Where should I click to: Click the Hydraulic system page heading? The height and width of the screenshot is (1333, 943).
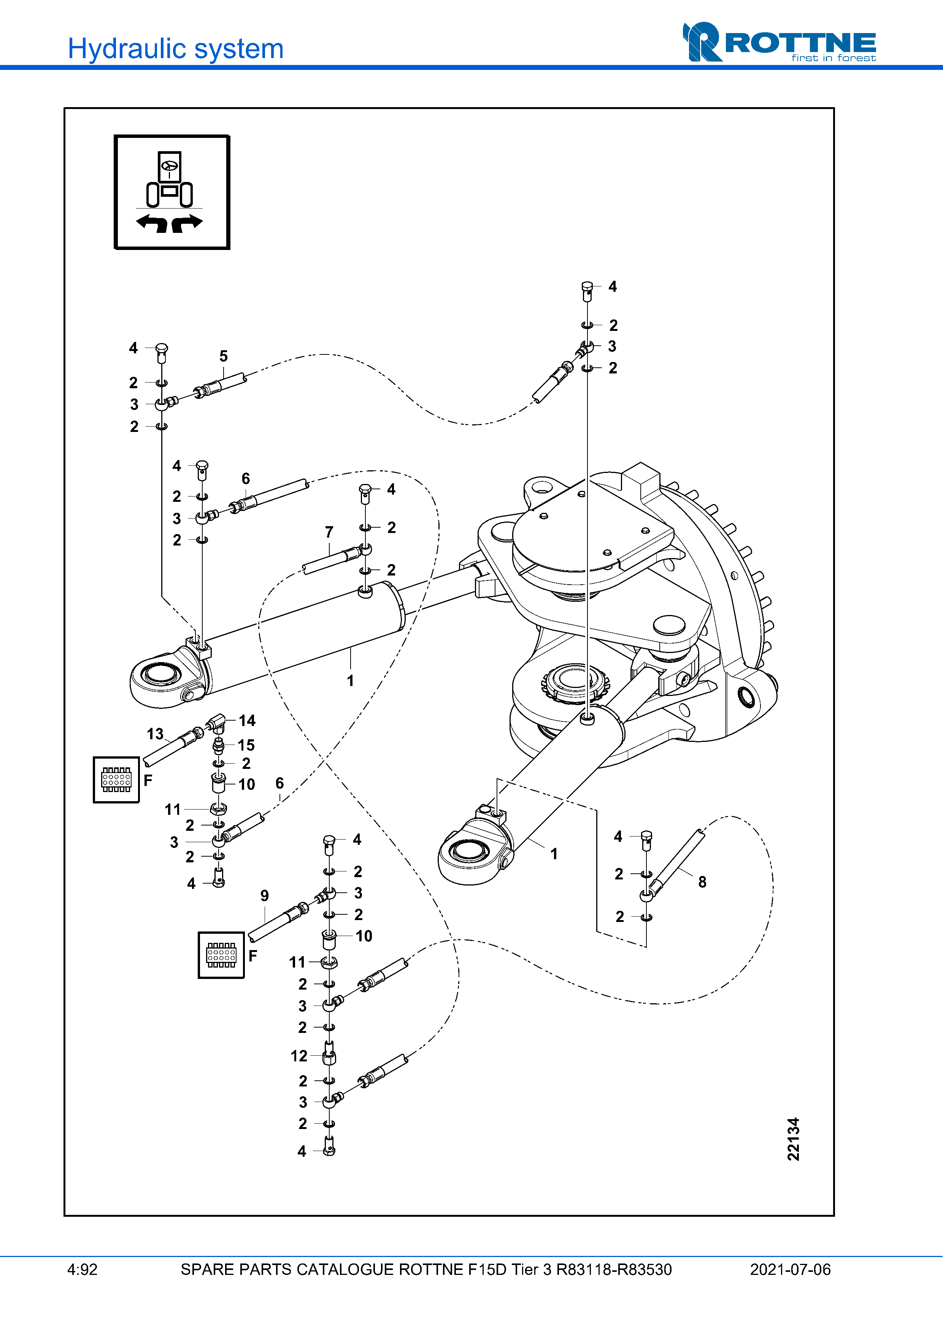point(175,49)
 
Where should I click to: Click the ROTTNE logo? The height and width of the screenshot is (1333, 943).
point(779,42)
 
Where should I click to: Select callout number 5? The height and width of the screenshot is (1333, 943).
point(224,356)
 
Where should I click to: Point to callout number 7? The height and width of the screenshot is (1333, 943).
point(329,532)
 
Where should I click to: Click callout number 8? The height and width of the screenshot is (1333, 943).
point(702,882)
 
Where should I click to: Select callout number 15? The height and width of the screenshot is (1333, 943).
point(246,745)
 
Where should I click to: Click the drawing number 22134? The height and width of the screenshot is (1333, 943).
point(793,1139)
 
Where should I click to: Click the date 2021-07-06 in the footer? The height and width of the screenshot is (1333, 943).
point(790,1270)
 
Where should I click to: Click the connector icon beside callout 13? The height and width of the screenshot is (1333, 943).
point(116,780)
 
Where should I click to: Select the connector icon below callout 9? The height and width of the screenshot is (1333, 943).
point(221,955)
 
